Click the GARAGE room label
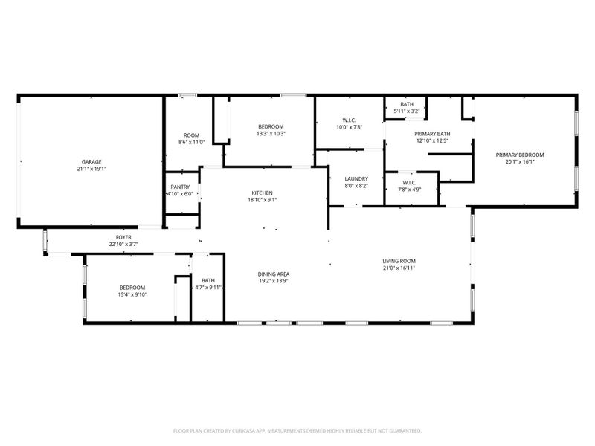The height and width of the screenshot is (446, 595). (91, 161)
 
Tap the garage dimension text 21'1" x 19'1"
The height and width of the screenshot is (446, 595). (91, 169)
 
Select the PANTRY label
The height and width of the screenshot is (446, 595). (180, 187)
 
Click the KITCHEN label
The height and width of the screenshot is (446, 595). (261, 193)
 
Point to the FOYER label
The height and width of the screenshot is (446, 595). (123, 237)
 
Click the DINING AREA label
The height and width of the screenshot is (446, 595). (273, 274)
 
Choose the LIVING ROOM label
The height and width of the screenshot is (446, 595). (399, 261)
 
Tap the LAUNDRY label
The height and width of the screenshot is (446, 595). (357, 179)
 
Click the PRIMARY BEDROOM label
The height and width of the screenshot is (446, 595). (520, 155)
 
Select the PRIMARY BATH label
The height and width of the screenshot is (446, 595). (432, 134)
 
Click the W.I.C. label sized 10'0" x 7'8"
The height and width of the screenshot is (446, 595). (349, 120)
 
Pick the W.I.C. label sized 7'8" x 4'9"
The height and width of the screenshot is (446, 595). (409, 182)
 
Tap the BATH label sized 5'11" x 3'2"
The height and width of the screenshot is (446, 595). (407, 104)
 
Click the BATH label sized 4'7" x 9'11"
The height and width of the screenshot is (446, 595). (208, 280)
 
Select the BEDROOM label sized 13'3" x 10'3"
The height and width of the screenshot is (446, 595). (271, 126)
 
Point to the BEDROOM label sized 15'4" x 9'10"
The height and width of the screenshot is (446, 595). (132, 287)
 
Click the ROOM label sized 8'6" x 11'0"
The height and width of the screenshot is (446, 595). (190, 135)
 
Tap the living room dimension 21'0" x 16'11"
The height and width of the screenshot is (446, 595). (399, 268)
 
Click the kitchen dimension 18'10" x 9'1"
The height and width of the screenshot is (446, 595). (261, 200)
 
